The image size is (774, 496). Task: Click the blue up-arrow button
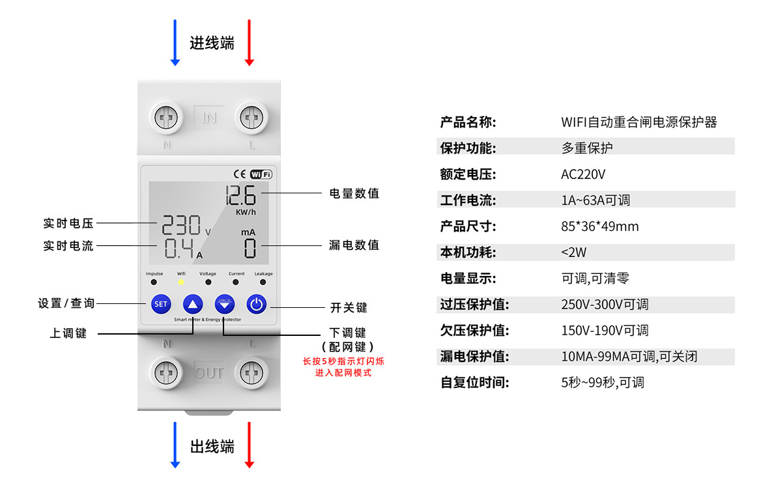(192, 304)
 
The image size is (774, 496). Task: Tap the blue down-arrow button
(225, 304)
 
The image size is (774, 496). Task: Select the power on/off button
(256, 304)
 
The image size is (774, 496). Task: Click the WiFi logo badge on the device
(261, 174)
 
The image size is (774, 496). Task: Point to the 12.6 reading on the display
(240, 195)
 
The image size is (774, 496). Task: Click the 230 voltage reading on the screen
(181, 225)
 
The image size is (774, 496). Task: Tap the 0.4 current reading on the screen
(179, 248)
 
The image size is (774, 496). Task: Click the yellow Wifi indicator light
(181, 282)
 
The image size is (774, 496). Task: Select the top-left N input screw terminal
(166, 118)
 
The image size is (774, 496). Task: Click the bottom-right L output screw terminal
(251, 373)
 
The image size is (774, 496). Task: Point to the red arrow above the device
(250, 43)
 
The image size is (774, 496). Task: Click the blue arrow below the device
(175, 445)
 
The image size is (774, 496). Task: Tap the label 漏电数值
(354, 245)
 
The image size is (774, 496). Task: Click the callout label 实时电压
(68, 223)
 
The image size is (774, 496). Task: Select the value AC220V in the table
(583, 174)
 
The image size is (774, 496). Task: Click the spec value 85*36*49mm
(600, 227)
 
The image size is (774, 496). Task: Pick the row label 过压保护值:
(474, 304)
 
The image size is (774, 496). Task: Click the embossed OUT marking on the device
(208, 373)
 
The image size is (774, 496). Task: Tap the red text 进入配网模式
(343, 373)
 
